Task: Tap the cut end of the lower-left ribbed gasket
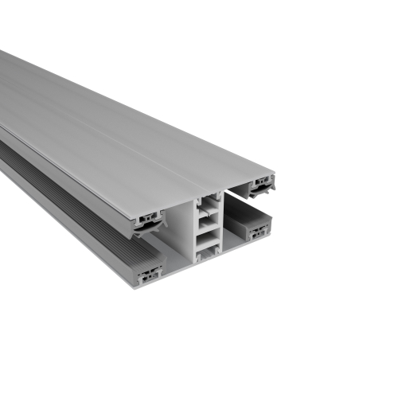pyautogui.click(x=148, y=275)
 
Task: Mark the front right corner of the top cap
pyautogui.click(x=275, y=173)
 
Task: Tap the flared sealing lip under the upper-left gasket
pyautogui.click(x=148, y=230)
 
